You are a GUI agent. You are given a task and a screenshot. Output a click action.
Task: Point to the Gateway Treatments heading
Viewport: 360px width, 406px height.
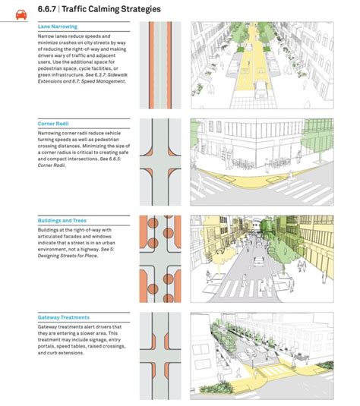(x=63, y=317)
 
